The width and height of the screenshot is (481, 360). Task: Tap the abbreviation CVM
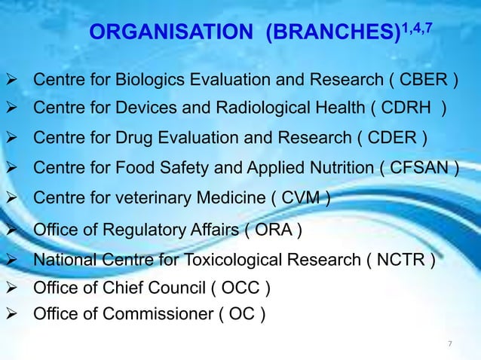click(300, 198)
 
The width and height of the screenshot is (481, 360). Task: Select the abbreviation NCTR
click(406, 261)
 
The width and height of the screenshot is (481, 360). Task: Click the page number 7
click(450, 344)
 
